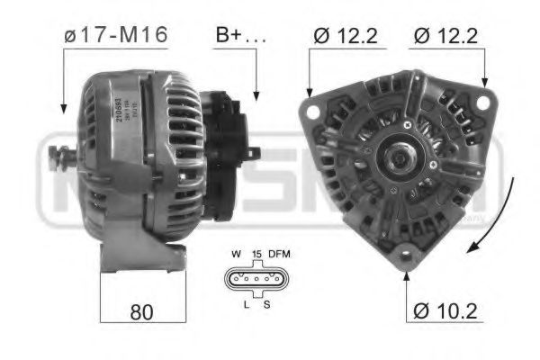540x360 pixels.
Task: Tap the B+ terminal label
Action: [239, 37]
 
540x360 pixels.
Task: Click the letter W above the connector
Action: [235, 255]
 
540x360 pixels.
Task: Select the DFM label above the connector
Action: [280, 255]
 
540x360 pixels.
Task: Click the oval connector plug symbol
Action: [256, 280]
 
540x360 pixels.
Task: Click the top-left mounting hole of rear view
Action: [316, 111]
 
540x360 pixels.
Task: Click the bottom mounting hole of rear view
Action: [407, 253]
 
